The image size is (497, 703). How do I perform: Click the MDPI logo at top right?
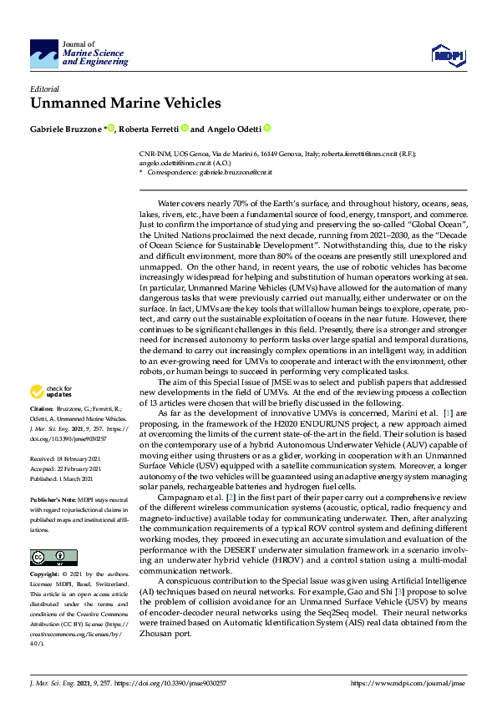click(447, 55)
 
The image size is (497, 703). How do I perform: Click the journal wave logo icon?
click(44, 53)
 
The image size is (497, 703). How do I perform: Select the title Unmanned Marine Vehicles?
click(126, 104)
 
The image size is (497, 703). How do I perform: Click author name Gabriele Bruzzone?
click(67, 129)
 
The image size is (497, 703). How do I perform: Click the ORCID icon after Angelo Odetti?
click(267, 129)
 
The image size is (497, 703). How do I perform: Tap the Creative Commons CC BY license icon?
click(53, 558)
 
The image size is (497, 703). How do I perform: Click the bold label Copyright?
click(46, 575)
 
